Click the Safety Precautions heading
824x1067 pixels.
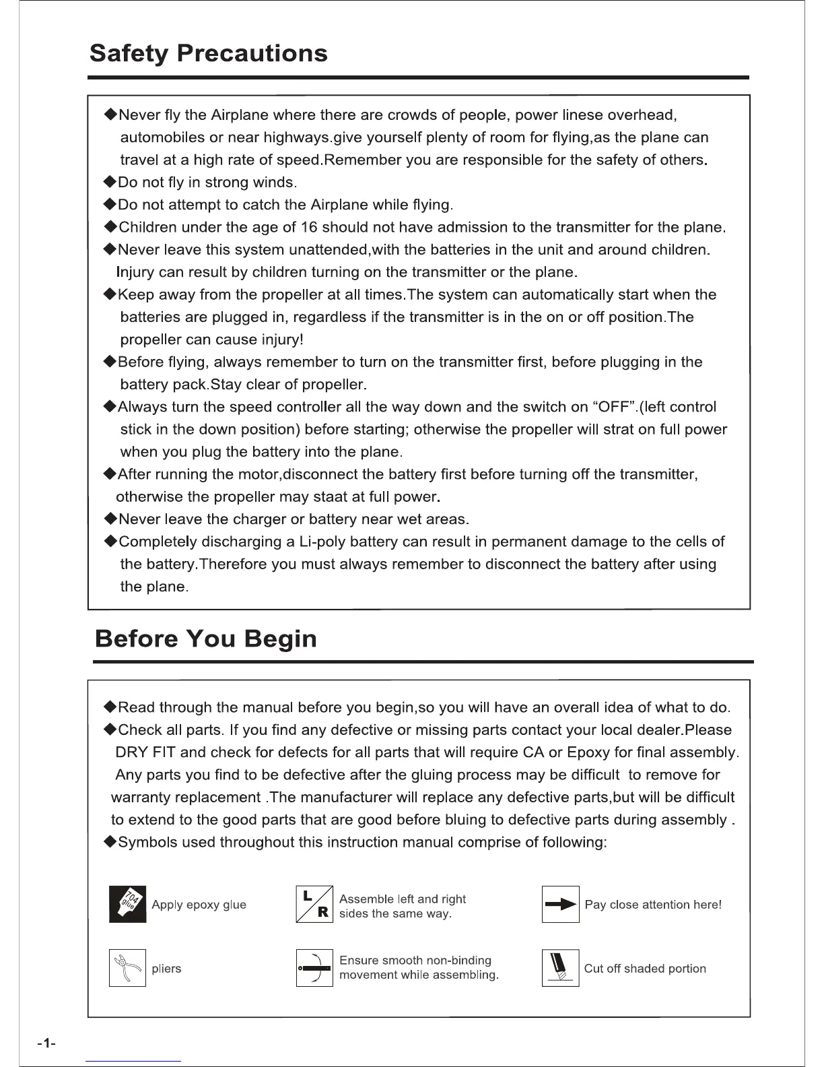[x=209, y=53]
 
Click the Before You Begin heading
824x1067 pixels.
[x=206, y=638]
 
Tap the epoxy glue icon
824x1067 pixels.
[x=127, y=904]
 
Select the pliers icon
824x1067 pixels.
[x=127, y=968]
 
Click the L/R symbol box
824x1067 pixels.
[x=314, y=904]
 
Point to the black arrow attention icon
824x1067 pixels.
[x=560, y=904]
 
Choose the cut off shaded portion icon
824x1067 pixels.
[x=560, y=968]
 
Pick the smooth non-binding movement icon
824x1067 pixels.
[x=314, y=968]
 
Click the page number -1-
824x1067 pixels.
[x=46, y=1044]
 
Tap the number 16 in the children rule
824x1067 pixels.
[x=309, y=227]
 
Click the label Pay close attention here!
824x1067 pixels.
[x=653, y=905]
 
